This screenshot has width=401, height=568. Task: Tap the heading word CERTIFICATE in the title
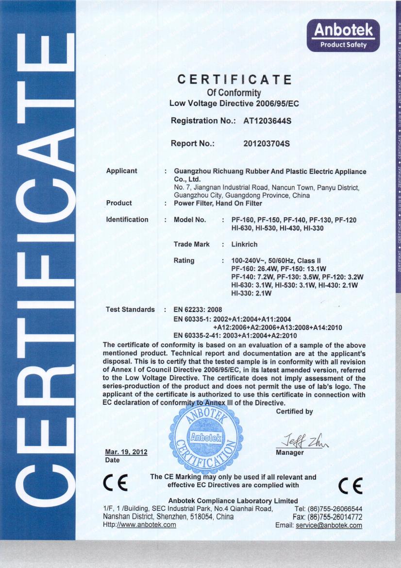coord(234,79)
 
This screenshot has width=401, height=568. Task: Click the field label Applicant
coord(121,171)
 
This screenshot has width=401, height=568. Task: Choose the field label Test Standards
coord(130,310)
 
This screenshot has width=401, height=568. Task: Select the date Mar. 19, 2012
coord(126,452)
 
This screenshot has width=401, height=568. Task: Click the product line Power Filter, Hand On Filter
coord(217,204)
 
